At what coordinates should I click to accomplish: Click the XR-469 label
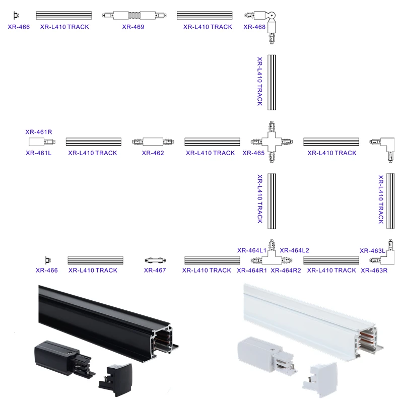click(x=133, y=27)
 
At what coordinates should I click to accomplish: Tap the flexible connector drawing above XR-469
click(x=133, y=16)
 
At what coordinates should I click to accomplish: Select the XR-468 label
click(x=254, y=27)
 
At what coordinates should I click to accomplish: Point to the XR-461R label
click(x=39, y=132)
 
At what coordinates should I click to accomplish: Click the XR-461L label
click(x=39, y=153)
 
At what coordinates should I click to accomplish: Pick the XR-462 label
click(x=153, y=153)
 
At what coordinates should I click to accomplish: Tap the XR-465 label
click(x=253, y=153)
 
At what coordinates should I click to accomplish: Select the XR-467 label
click(x=155, y=270)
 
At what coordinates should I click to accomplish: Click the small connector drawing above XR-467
click(x=155, y=260)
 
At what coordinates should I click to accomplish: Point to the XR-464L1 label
click(x=252, y=250)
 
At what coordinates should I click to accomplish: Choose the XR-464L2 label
click(x=294, y=250)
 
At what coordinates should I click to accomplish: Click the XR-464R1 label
click(x=252, y=270)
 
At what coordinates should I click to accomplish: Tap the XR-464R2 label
click(x=286, y=270)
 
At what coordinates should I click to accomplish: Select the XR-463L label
click(x=372, y=250)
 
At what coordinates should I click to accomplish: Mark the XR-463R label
click(x=374, y=270)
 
